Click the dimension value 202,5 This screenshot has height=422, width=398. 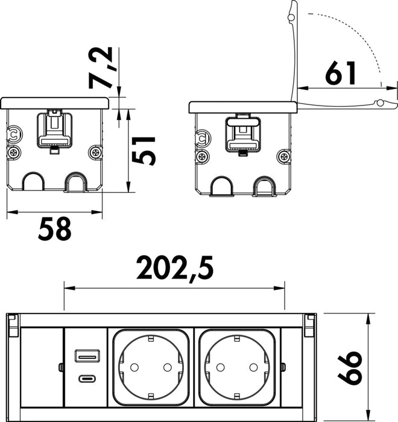174,268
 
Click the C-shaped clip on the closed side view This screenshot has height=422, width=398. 13,134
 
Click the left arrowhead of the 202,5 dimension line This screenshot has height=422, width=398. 66,288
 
